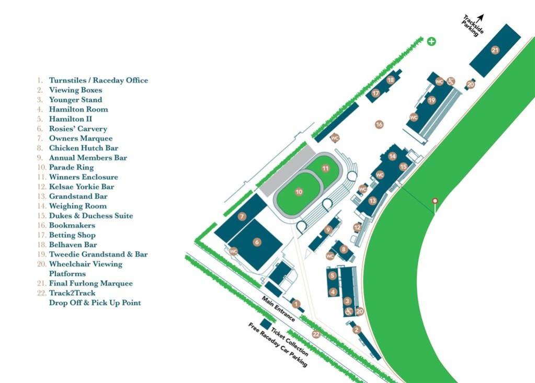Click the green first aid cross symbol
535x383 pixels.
(x=431, y=41)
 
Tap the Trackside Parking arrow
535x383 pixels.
(x=481, y=18)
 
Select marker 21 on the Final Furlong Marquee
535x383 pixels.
(x=495, y=50)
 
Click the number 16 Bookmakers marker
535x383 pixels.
(x=379, y=124)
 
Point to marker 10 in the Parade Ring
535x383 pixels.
(x=299, y=192)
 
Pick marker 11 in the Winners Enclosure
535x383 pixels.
(x=325, y=168)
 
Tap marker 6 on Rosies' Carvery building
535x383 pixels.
(x=257, y=242)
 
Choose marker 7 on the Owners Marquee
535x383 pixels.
(x=242, y=216)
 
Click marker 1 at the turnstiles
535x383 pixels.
(x=297, y=304)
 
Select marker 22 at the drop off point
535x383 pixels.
(x=316, y=334)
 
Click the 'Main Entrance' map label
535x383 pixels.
(x=279, y=309)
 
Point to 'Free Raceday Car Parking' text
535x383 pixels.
(x=277, y=345)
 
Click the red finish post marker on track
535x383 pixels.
(x=434, y=201)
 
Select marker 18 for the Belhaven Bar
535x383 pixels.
(x=390, y=80)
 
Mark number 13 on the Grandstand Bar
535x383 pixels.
(x=372, y=201)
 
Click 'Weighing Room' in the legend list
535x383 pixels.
(x=77, y=206)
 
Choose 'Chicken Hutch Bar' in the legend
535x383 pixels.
(x=83, y=148)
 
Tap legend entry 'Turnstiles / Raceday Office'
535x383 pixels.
(x=98, y=80)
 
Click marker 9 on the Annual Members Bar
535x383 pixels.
(x=328, y=229)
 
